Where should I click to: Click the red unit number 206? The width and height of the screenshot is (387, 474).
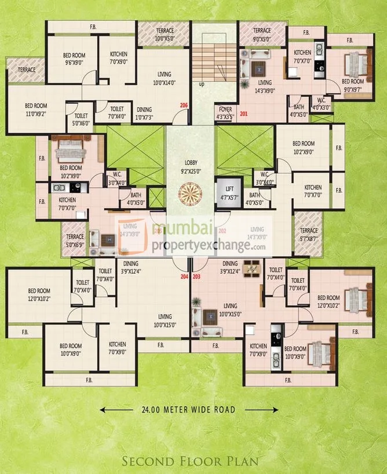(x=184, y=105)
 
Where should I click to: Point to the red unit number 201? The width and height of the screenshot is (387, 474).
(x=243, y=113)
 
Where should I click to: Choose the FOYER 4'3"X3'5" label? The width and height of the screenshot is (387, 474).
(x=224, y=111)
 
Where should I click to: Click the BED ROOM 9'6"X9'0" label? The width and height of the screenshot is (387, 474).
(x=74, y=59)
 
